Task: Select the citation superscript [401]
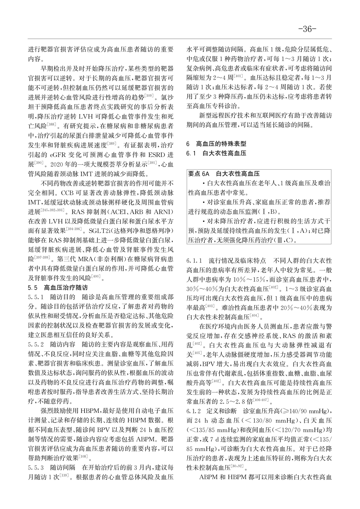point(239,76)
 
